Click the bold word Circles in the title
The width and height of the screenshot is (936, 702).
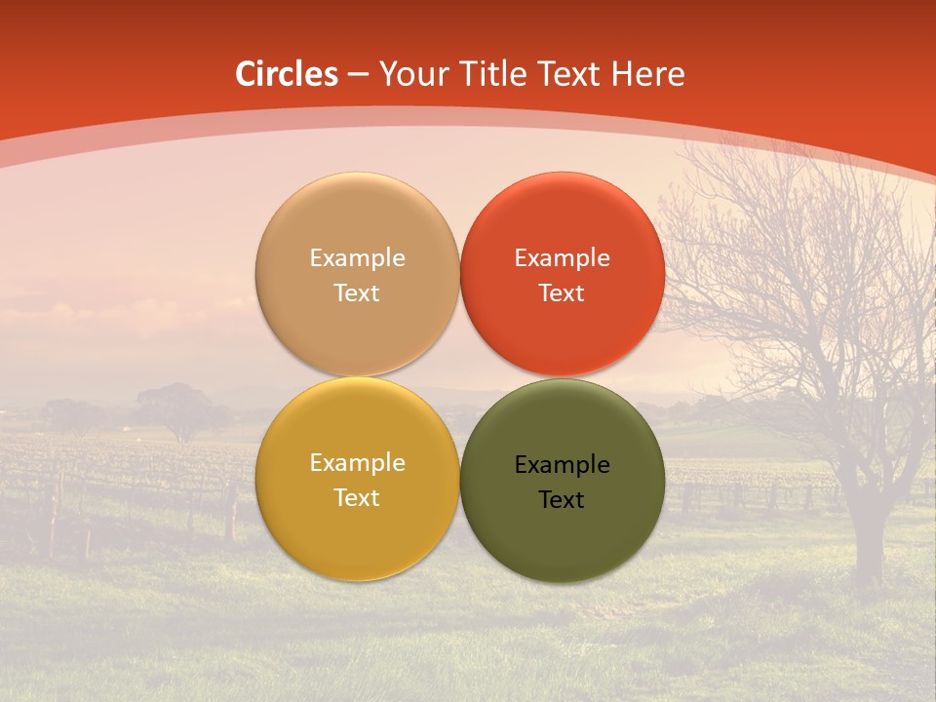click(x=287, y=74)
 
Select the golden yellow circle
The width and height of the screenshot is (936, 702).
click(x=357, y=526)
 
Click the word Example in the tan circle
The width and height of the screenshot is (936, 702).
click(x=357, y=258)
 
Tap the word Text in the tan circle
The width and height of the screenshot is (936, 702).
click(x=357, y=292)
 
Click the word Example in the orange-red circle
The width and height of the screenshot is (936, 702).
click(x=562, y=258)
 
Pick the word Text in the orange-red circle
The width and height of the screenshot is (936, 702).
click(x=562, y=292)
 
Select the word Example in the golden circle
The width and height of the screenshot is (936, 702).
click(x=357, y=463)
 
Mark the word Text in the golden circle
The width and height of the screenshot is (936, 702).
click(x=357, y=497)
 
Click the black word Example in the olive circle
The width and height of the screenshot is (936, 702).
click(x=562, y=465)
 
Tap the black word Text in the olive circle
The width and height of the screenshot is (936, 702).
click(x=562, y=500)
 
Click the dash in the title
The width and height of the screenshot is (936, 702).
click(x=358, y=75)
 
